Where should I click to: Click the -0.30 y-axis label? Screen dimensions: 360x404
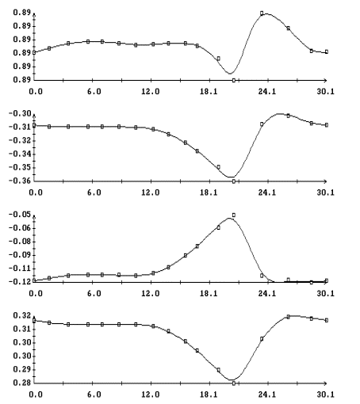click(20, 113)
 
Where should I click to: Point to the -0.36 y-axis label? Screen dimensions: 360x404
click(20, 181)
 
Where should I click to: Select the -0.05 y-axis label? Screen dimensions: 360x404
click(20, 215)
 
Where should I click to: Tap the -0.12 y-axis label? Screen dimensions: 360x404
click(20, 282)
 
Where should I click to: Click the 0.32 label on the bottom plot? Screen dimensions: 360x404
click(22, 315)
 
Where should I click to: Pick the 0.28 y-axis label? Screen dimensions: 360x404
click(22, 383)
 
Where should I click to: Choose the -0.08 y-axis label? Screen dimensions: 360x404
click(20, 242)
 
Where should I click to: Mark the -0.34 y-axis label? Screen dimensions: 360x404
click(20, 154)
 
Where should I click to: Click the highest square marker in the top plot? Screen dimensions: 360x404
click(262, 13)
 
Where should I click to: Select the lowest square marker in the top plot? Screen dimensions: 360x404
click(234, 80)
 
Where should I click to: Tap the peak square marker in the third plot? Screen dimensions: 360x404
click(234, 215)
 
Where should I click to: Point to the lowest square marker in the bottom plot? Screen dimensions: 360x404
click(234, 383)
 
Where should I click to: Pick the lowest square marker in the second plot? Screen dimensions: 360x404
click(234, 181)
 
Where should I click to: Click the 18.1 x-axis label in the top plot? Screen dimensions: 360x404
click(209, 92)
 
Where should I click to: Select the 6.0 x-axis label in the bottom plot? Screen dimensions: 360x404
click(94, 395)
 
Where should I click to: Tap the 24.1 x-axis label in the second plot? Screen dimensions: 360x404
click(267, 192)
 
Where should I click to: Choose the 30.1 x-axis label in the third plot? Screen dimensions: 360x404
click(326, 294)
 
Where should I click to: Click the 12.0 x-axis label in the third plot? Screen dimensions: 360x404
click(151, 294)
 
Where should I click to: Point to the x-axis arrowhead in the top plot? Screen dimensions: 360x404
click(326, 80)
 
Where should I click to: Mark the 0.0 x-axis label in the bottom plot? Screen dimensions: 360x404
click(36, 395)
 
